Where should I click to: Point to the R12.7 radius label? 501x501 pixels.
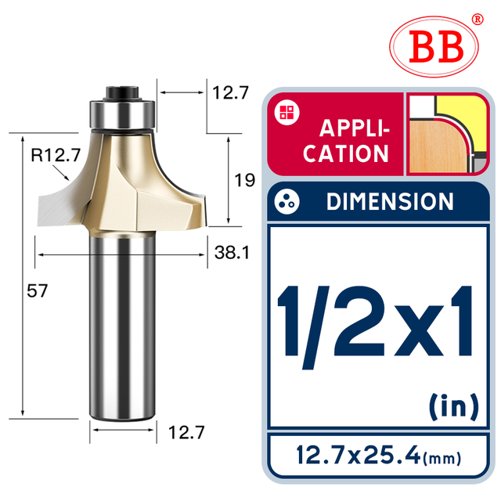[x=56, y=156]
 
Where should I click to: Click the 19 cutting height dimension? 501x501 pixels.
[x=244, y=180]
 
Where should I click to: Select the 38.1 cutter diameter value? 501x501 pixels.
[x=231, y=254]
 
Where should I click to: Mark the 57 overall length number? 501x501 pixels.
[x=38, y=290]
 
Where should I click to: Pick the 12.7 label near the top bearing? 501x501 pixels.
[x=230, y=92]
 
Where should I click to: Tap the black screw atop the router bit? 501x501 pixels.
[x=124, y=90]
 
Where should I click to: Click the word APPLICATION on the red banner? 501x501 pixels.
[x=346, y=140]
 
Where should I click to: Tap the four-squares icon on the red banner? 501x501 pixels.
[x=284, y=113]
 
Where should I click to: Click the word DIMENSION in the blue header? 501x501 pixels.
[x=389, y=202]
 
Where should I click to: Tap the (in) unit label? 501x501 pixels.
[x=453, y=406]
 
